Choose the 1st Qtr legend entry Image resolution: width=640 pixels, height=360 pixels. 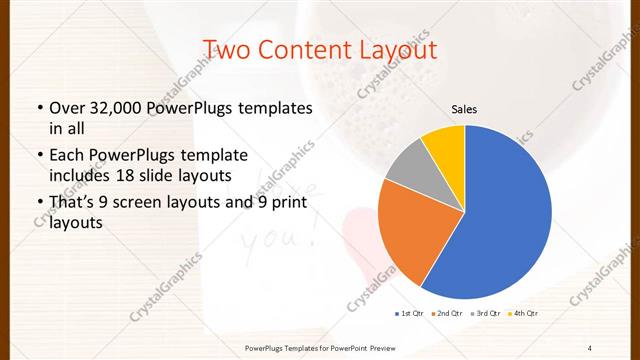(410, 314)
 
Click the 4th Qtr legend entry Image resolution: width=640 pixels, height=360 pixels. (525, 314)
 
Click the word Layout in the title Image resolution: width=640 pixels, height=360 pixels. (389, 49)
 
